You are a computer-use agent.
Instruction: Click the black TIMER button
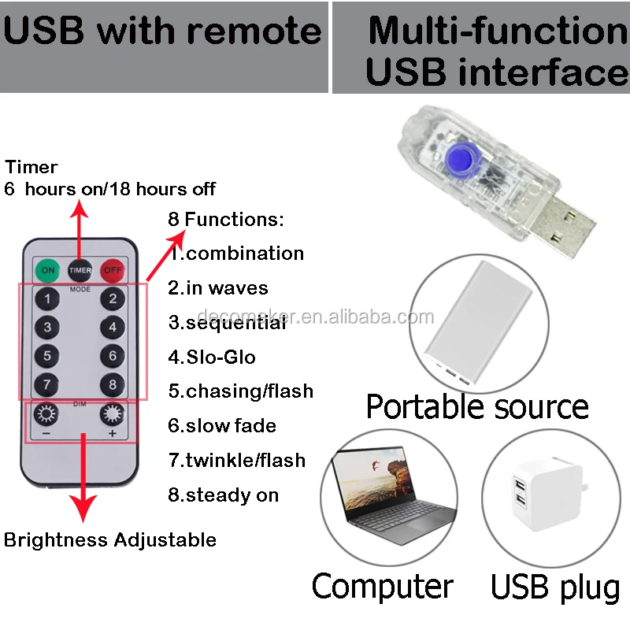tap(80, 269)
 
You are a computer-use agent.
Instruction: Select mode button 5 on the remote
tap(47, 356)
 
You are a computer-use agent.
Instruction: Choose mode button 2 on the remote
tap(113, 298)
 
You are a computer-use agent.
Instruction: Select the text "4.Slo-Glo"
tap(212, 357)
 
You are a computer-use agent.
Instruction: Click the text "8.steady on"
tap(224, 495)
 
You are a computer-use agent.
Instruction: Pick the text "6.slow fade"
tap(222, 426)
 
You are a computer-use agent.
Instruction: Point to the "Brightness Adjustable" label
tap(110, 540)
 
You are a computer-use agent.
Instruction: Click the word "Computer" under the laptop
tap(383, 587)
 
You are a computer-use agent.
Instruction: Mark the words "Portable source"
tap(477, 407)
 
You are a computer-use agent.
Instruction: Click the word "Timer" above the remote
tap(31, 167)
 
